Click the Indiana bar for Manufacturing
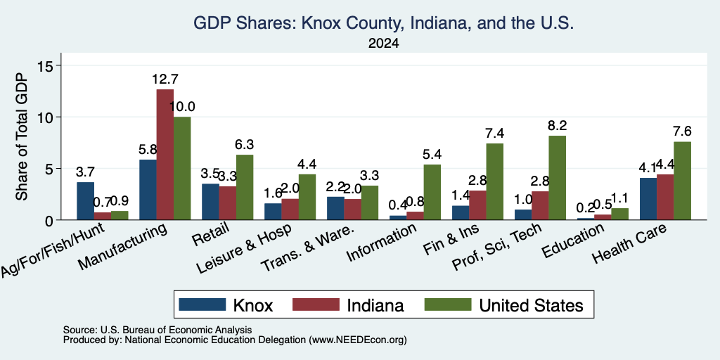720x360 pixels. click(165, 154)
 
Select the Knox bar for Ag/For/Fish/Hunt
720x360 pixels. click(85, 201)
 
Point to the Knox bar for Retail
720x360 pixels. click(210, 202)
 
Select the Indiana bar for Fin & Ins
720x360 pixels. click(477, 205)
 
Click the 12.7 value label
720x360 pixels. click(165, 79)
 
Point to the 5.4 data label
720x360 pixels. click(432, 155)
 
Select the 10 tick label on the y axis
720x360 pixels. click(47, 117)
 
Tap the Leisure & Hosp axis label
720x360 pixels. click(243, 249)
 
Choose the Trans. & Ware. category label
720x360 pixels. click(307, 248)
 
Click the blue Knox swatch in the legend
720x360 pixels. click(202, 304)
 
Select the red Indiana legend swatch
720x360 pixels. click(316, 304)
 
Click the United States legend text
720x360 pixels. click(532, 305)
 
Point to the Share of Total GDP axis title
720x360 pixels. click(22, 137)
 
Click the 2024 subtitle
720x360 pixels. click(383, 44)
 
